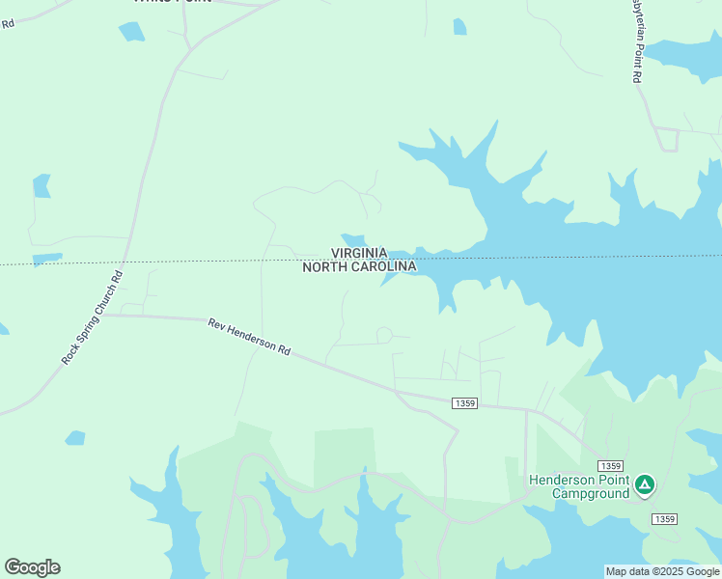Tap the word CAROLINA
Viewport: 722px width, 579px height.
[383, 267]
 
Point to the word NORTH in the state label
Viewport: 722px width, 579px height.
[324, 267]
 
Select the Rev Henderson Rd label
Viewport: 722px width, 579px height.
[249, 337]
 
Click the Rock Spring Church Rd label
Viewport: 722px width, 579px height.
[93, 317]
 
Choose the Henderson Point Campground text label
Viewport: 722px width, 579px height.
[578, 487]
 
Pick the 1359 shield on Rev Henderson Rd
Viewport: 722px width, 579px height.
[463, 402]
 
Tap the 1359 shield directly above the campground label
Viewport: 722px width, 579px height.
[608, 465]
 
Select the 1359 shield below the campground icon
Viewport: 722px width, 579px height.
[663, 519]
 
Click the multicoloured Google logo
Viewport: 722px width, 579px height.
[33, 567]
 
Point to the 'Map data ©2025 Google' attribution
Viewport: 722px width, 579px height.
[662, 571]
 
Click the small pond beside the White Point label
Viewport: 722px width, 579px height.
[131, 31]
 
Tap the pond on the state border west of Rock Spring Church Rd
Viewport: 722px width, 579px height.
[47, 259]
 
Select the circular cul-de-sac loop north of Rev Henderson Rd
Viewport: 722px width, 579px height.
[383, 335]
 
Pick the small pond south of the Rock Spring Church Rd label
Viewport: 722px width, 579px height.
[75, 438]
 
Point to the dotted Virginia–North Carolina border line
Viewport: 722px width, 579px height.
[193, 261]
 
